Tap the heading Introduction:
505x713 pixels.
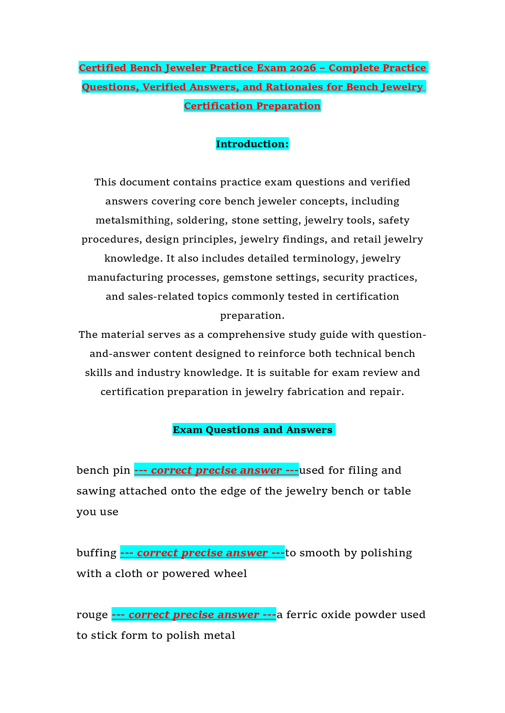pos(252,144)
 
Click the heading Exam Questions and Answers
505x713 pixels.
pos(253,430)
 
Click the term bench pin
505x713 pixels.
pos(103,470)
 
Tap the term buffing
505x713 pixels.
pos(97,553)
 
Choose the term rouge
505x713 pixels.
pos(92,615)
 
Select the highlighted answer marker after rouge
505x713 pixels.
pos(194,614)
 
